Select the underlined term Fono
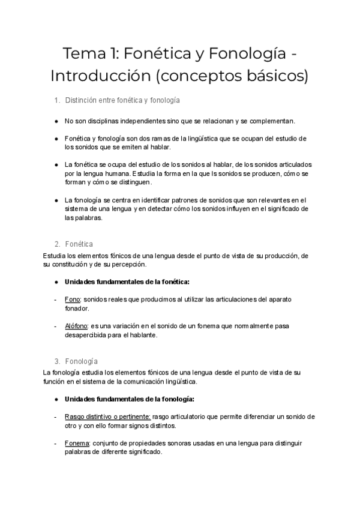pos(72,299)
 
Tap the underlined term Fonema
pos(76,443)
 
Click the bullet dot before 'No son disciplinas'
pos(56,121)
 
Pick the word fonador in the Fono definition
pos(76,308)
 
